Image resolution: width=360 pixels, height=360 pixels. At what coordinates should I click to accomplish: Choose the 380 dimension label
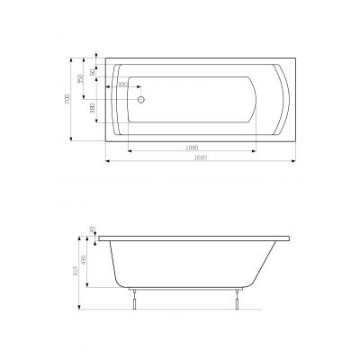93,109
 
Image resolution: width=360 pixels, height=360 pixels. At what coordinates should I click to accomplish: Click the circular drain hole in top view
139,102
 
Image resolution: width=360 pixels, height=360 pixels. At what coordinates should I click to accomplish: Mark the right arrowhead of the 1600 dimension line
293,163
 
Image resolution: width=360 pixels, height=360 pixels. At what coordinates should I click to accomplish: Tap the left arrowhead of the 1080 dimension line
130,149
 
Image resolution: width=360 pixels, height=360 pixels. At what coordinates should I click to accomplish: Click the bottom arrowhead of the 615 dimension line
85,309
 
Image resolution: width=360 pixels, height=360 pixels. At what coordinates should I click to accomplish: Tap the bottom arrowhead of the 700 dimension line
72,140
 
